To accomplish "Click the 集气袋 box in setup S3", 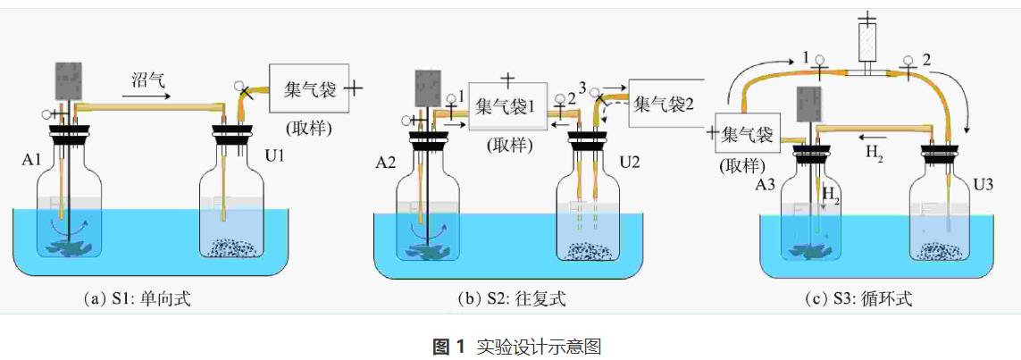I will [x=749, y=135].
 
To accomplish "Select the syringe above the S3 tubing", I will [x=865, y=40].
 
